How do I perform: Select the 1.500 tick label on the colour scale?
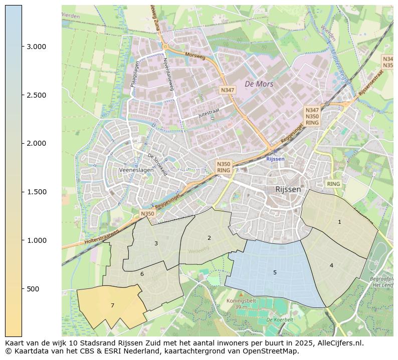(x=36, y=192)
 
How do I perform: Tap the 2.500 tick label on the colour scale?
(x=36, y=95)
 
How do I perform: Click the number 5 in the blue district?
(x=275, y=272)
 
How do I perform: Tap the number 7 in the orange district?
(x=112, y=305)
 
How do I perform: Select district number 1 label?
(x=339, y=222)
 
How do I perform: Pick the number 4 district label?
(x=331, y=265)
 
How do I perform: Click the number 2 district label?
(x=209, y=238)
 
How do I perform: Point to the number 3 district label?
(x=156, y=243)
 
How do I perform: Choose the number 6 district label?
(x=142, y=274)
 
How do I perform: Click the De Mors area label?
(x=259, y=84)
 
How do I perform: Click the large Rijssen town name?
(x=288, y=189)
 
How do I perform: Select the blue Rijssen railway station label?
(x=275, y=159)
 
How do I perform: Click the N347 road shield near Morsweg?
(x=227, y=90)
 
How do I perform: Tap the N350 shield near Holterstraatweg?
(x=147, y=214)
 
